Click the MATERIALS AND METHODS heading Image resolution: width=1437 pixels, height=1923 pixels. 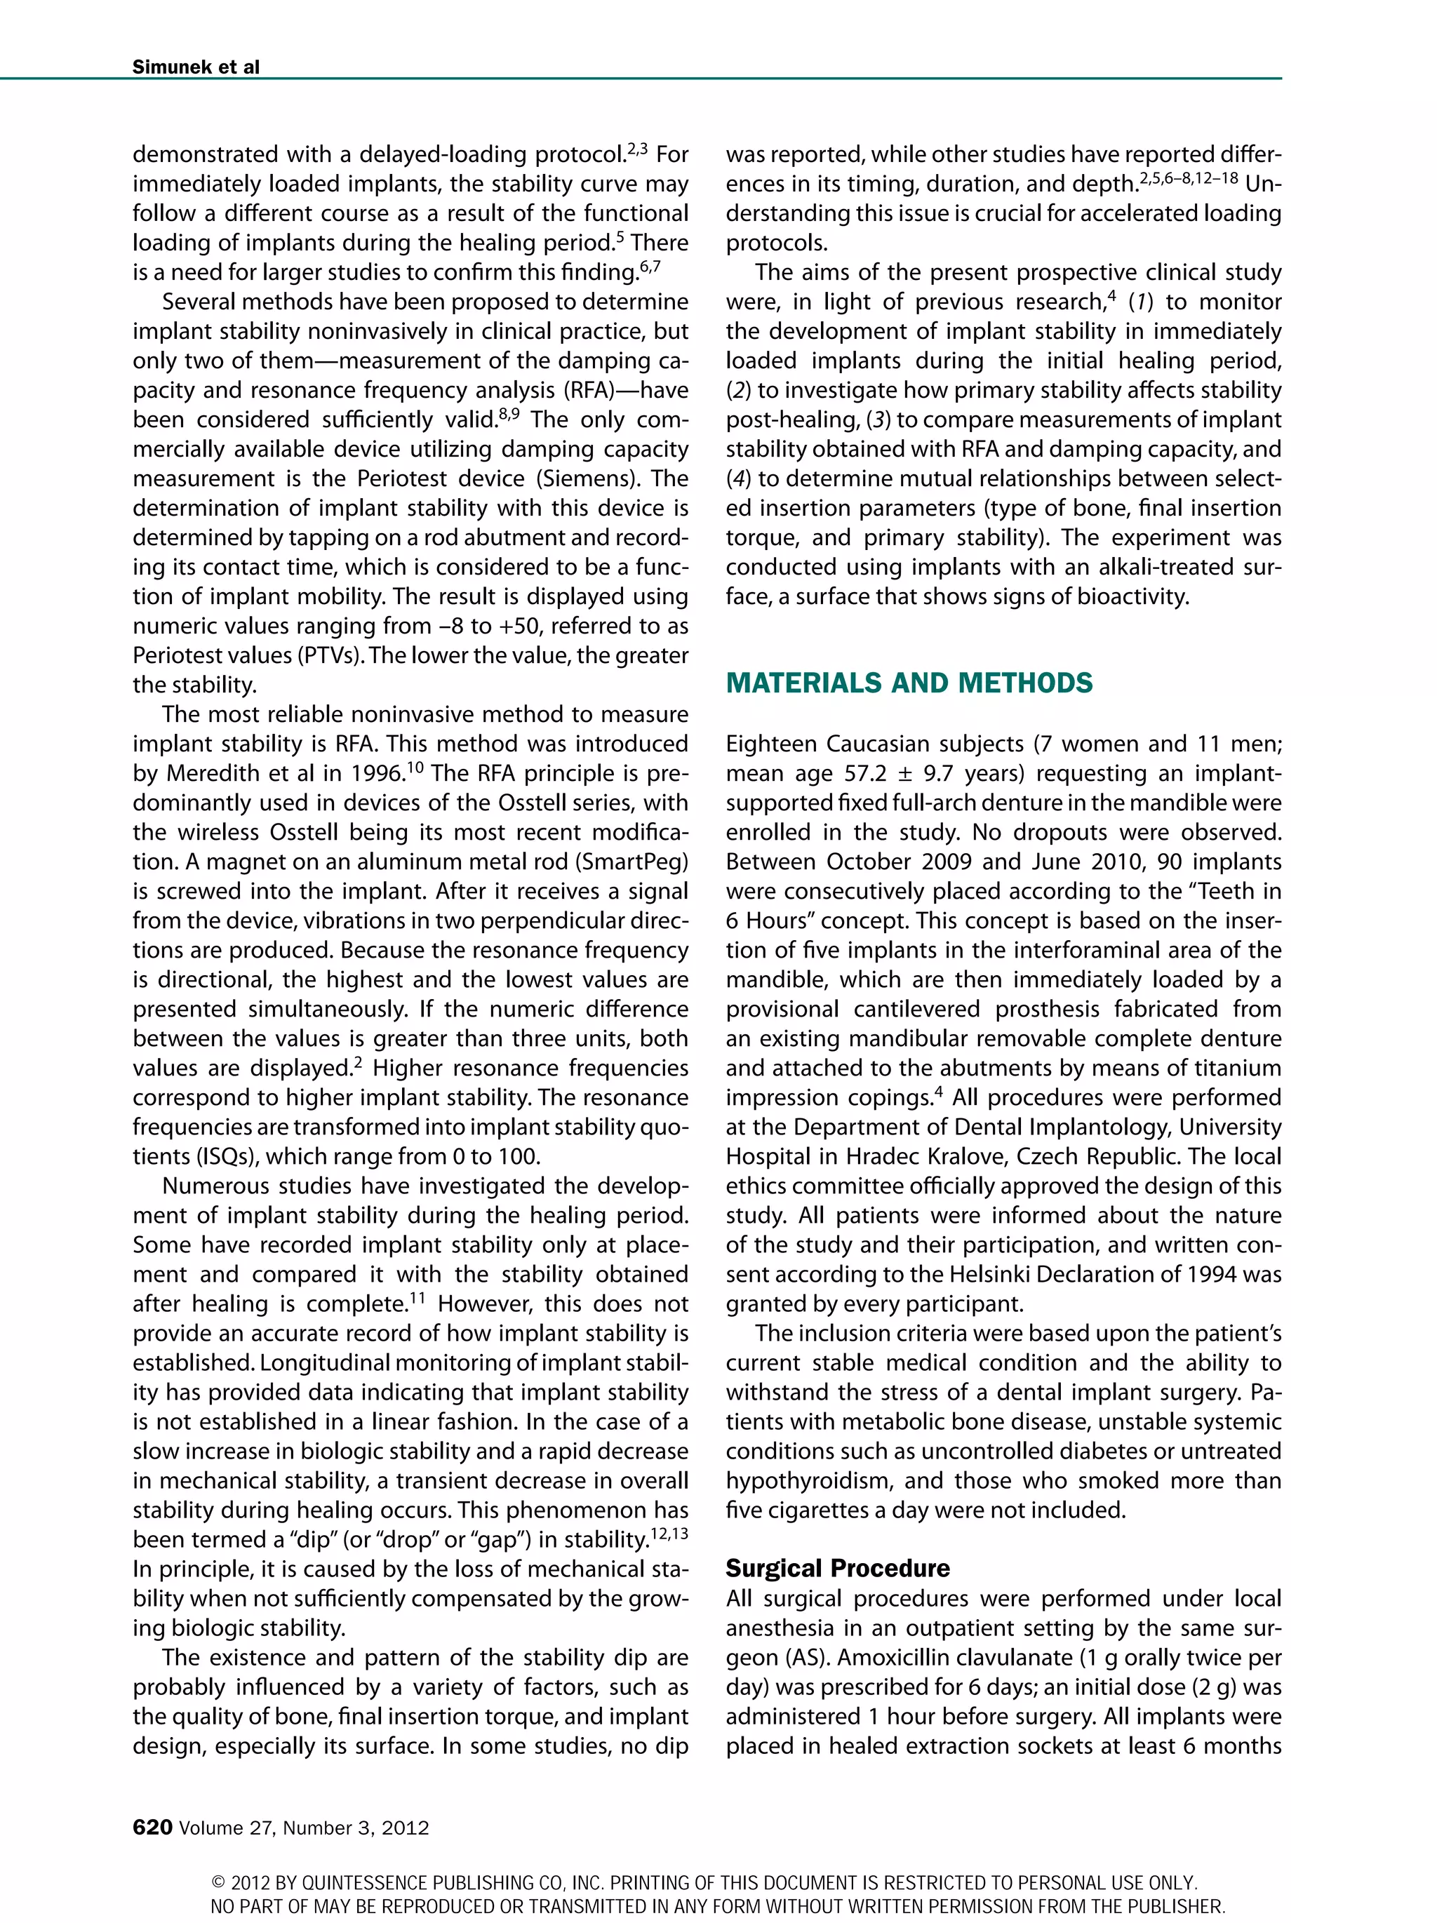tap(909, 683)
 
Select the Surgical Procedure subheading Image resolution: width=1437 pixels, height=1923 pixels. tap(837, 1567)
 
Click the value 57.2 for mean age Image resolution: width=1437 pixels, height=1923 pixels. tap(866, 774)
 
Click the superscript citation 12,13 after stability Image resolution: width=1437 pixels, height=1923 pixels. tap(669, 1533)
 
